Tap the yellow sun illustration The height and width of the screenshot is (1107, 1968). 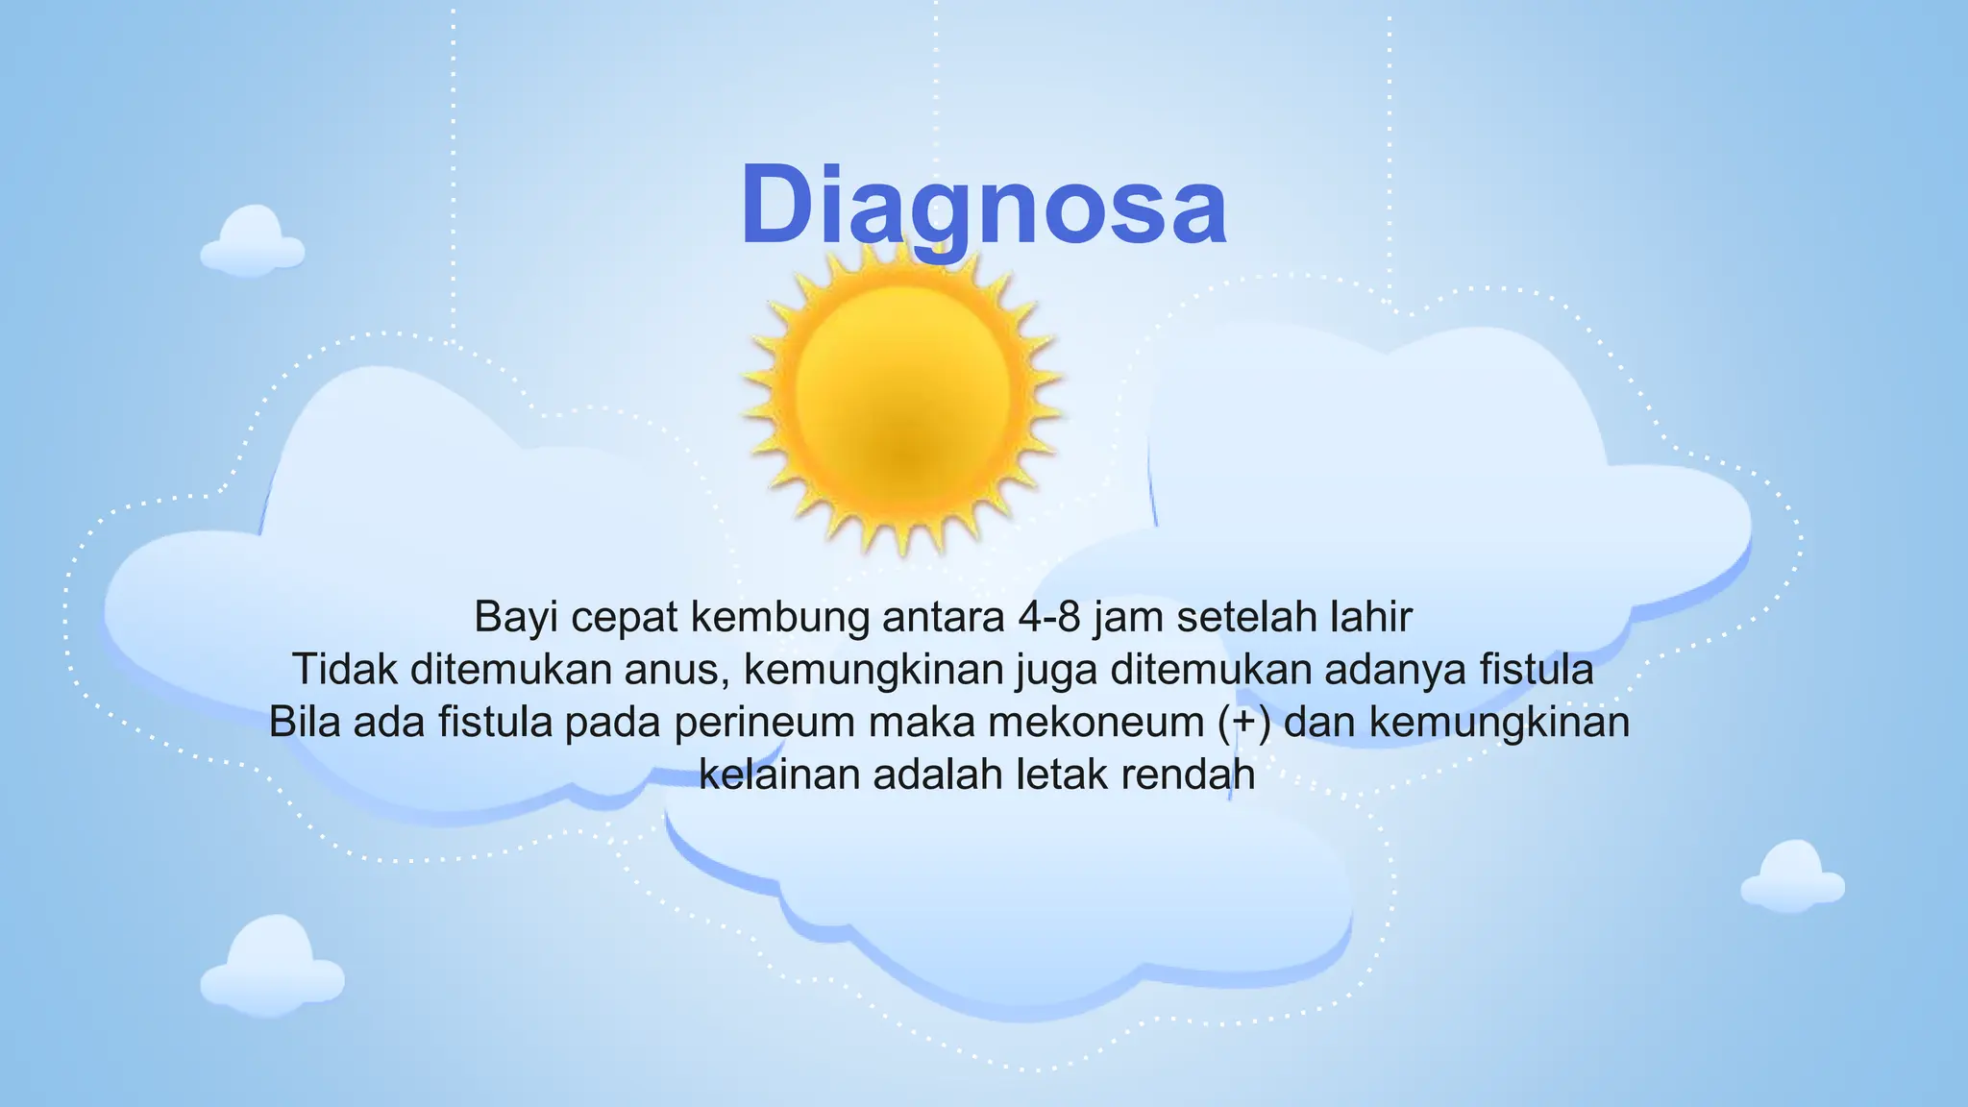point(903,399)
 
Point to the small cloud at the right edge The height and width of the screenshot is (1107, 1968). point(1792,876)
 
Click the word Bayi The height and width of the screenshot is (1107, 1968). point(516,617)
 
